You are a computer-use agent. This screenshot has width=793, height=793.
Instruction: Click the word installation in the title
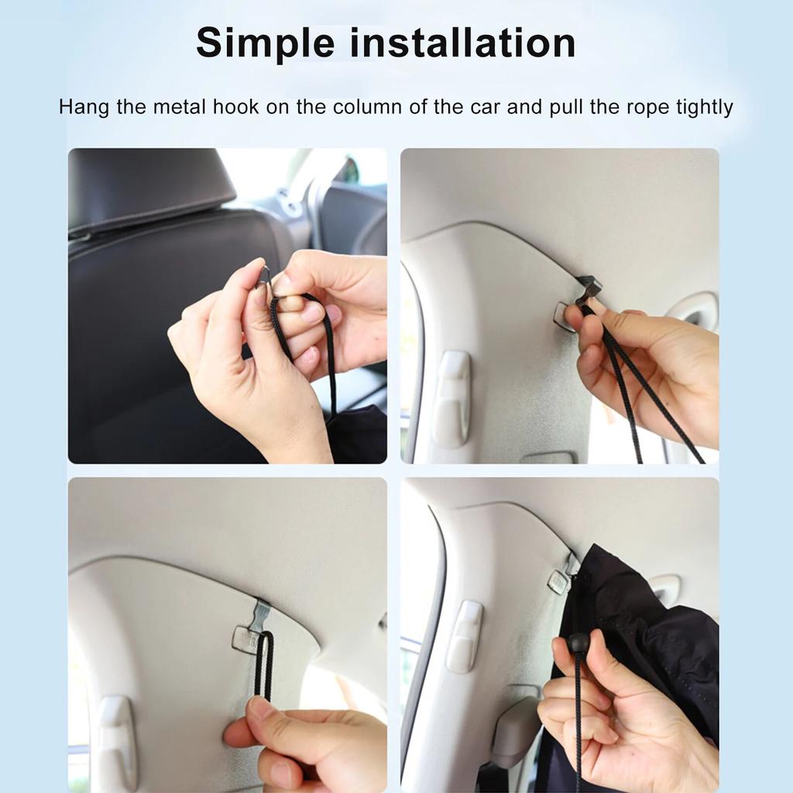click(463, 43)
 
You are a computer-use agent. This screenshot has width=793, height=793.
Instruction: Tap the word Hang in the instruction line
click(84, 107)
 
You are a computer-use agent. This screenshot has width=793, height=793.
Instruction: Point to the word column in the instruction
click(367, 107)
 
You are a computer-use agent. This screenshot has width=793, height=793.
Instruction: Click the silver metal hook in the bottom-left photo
click(260, 616)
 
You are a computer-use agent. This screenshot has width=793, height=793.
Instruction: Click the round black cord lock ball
click(578, 642)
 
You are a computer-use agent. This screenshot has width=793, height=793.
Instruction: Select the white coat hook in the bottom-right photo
click(464, 635)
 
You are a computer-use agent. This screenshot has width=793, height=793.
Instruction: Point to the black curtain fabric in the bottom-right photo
click(658, 620)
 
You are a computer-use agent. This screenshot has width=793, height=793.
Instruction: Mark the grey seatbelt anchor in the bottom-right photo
click(514, 728)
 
